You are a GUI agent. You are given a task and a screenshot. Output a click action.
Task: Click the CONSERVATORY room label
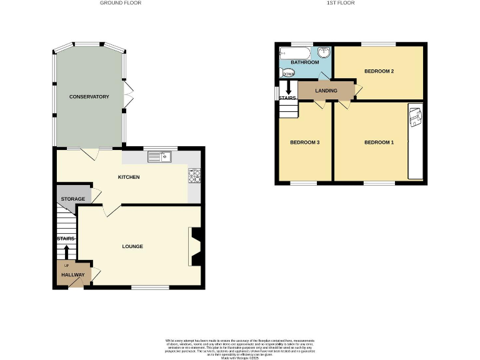[x=89, y=97]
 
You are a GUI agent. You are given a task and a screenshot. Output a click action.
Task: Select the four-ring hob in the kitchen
[x=194, y=176]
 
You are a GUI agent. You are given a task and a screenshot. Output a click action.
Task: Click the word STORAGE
[x=72, y=199]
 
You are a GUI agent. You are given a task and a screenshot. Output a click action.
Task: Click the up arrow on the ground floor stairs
[x=66, y=251]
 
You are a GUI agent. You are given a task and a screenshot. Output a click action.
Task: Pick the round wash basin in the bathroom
[x=324, y=53]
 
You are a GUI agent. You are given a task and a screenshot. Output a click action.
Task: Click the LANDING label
[x=326, y=91]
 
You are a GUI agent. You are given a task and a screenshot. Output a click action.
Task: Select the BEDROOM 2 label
[x=379, y=71]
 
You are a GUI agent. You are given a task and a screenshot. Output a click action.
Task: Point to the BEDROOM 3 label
[x=305, y=142]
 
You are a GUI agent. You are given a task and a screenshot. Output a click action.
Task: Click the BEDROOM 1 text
[x=379, y=142]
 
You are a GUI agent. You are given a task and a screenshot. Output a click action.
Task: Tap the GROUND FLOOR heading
[x=121, y=3]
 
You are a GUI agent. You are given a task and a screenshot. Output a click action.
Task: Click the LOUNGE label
[x=132, y=246]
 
